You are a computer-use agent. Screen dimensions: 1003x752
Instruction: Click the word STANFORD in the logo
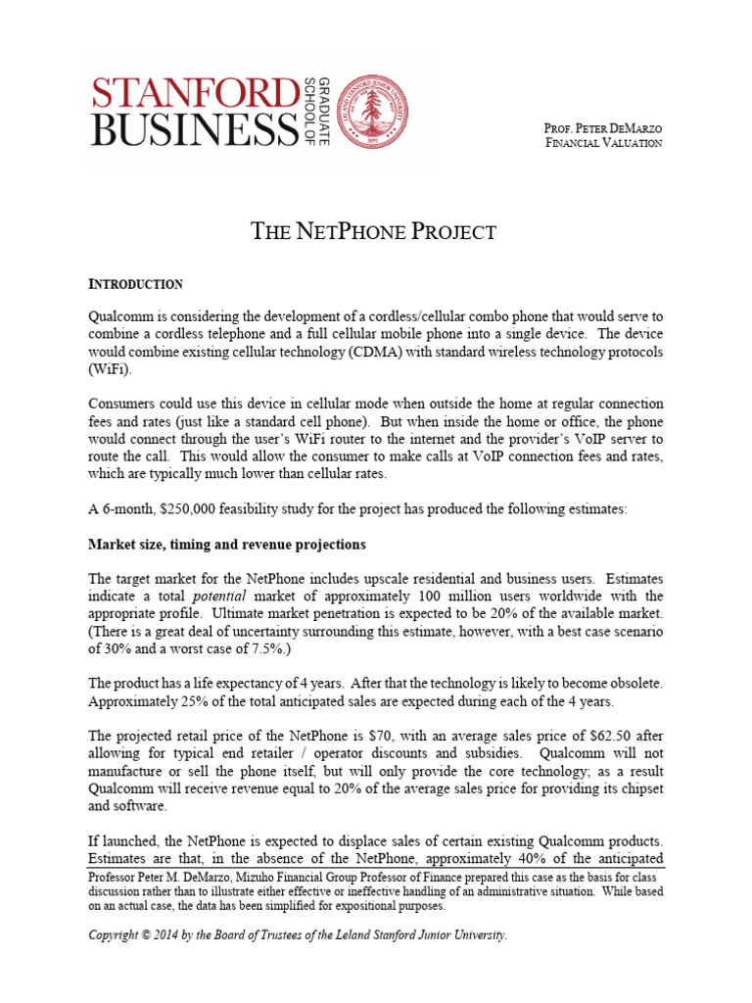click(x=192, y=92)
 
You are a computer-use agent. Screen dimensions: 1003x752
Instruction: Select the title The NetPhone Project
click(x=374, y=232)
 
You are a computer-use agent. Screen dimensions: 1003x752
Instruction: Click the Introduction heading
click(x=135, y=285)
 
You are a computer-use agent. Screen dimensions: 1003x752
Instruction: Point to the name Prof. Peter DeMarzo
click(x=601, y=127)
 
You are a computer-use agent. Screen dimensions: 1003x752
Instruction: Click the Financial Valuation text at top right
click(x=603, y=143)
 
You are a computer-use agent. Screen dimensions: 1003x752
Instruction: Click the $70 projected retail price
click(x=422, y=737)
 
